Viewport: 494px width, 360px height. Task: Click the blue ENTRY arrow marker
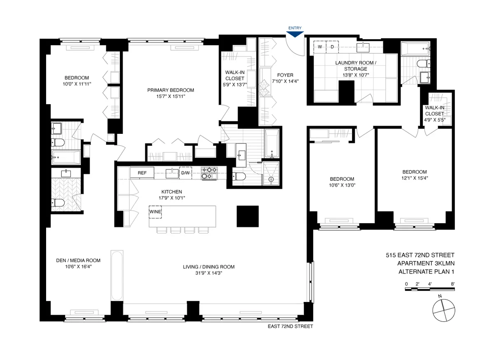295,35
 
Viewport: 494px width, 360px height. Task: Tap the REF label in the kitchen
142,173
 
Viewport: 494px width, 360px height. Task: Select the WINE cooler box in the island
155,212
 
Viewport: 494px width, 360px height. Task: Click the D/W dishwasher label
186,173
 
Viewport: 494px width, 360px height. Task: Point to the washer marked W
319,47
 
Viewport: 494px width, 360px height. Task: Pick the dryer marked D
332,47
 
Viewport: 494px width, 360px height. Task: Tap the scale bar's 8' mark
452,284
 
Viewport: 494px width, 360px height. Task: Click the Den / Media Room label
78,260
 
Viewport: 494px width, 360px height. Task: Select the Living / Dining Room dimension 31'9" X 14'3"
209,274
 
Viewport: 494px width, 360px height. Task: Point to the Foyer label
285,75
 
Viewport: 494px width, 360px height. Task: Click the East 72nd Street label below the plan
290,326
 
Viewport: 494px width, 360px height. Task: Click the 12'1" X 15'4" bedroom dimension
415,178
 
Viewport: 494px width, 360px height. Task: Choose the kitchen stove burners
209,173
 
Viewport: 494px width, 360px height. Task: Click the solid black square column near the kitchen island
247,216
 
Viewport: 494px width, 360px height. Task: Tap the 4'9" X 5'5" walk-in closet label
434,120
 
